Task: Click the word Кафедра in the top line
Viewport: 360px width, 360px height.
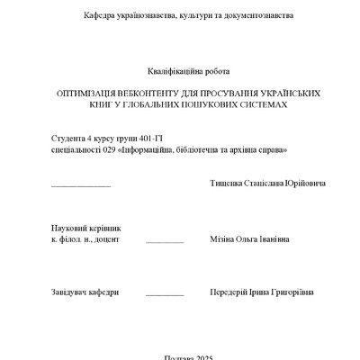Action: pos(100,16)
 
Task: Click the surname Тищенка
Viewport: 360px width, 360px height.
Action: pos(228,184)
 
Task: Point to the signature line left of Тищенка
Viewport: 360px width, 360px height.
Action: pos(81,186)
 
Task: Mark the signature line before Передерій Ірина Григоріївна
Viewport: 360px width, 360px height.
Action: pos(165,295)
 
